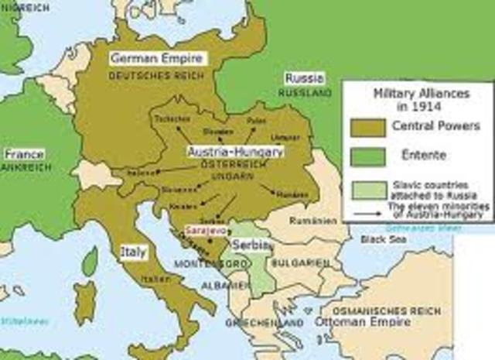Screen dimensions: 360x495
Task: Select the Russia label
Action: [303, 78]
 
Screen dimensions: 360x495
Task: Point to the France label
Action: [23, 153]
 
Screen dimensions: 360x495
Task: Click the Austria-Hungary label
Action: [235, 152]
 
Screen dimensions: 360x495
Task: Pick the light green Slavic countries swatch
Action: [367, 190]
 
